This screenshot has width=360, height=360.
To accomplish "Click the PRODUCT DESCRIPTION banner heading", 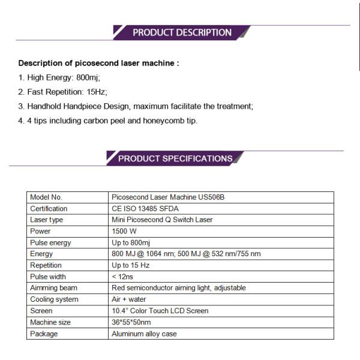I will pyautogui.click(x=182, y=32).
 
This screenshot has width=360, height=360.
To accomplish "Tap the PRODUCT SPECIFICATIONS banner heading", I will pyautogui.click(x=175, y=158).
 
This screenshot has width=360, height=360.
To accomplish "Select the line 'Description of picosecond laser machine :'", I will pyautogui.click(x=98, y=63).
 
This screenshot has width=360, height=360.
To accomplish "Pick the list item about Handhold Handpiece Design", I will pyautogui.click(x=136, y=106).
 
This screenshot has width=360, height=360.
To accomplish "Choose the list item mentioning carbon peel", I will pyautogui.click(x=107, y=121).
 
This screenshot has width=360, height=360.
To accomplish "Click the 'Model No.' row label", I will pyautogui.click(x=46, y=197).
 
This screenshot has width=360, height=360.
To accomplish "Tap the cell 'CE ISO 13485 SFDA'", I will pyautogui.click(x=145, y=209).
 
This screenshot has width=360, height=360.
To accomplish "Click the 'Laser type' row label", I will pyautogui.click(x=47, y=220).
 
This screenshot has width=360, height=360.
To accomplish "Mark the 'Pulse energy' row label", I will pyautogui.click(x=50, y=242).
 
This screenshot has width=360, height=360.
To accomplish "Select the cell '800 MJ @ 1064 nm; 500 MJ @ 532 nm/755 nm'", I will pyautogui.click(x=186, y=254).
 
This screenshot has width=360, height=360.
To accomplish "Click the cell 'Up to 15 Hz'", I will pyautogui.click(x=130, y=265).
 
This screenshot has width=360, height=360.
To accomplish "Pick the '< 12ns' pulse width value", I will pyautogui.click(x=123, y=277).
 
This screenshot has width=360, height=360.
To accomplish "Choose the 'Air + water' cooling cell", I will pyautogui.click(x=128, y=299).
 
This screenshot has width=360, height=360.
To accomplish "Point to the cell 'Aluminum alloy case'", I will pyautogui.click(x=144, y=334).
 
